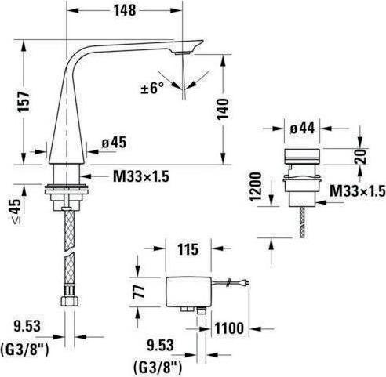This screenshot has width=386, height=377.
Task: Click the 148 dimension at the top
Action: [125, 10]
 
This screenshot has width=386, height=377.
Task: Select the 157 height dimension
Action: [24, 102]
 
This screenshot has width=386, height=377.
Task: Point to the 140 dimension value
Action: [223, 109]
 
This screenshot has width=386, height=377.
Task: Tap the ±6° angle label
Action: [152, 88]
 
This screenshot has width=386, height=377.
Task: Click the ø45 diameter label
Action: [114, 143]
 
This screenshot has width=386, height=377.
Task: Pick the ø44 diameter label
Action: [302, 129]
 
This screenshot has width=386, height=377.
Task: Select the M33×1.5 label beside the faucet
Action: [141, 176]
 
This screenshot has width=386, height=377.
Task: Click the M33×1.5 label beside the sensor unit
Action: [358, 190]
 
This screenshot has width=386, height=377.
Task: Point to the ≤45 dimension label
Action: [16, 212]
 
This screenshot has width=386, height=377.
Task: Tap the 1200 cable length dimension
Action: [256, 186]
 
